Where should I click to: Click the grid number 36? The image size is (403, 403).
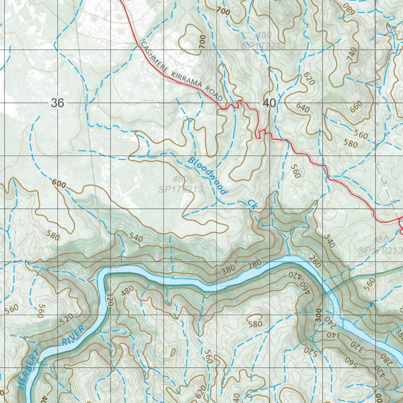[x=57, y=103]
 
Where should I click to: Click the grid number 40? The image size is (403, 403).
[x=269, y=103]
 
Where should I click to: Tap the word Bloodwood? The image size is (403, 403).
[x=207, y=176]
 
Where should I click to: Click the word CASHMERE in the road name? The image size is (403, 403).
[x=154, y=57]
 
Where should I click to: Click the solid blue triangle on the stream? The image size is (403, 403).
[x=370, y=304]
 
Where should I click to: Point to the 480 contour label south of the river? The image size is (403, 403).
[x=128, y=290]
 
